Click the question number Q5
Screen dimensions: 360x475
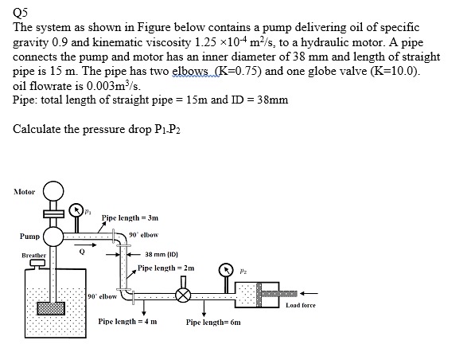(x=21, y=10)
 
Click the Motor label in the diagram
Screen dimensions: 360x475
(x=24, y=192)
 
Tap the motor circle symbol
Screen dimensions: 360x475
(x=53, y=191)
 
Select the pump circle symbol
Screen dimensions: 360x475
(x=54, y=237)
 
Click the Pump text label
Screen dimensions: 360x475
(x=29, y=237)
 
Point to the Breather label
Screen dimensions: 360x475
(x=27, y=256)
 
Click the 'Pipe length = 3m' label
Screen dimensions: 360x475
(x=126, y=216)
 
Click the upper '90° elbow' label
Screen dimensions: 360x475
(x=143, y=233)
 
